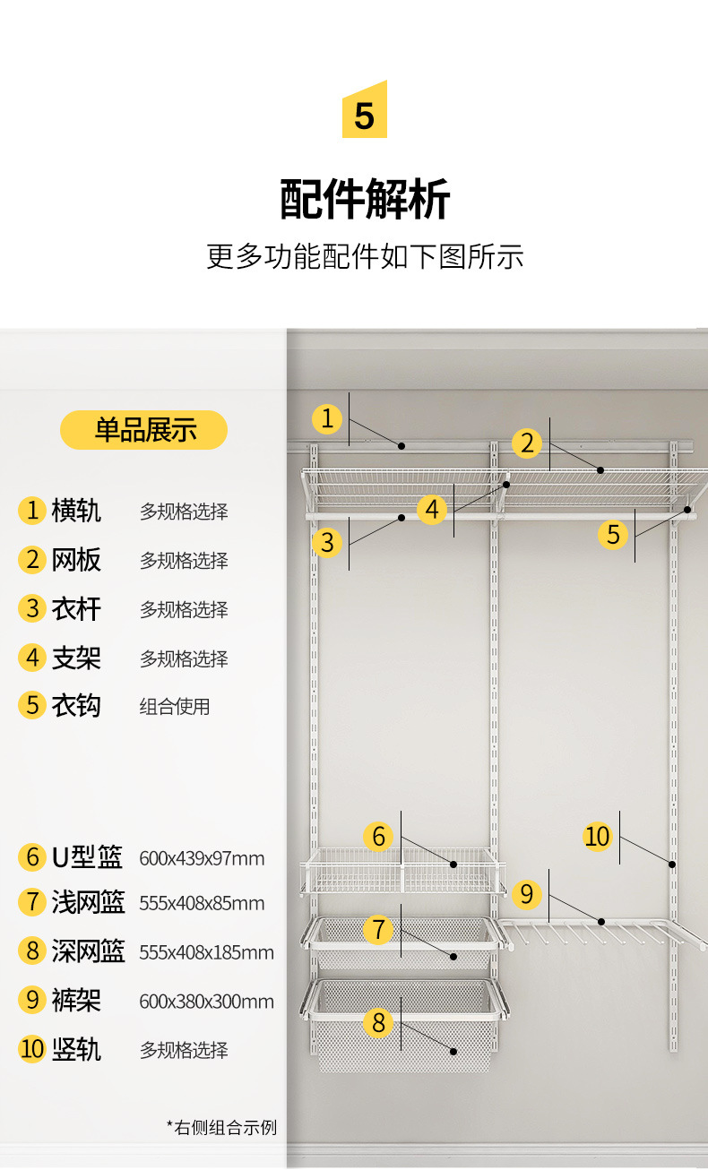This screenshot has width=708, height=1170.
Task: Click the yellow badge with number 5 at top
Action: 364,111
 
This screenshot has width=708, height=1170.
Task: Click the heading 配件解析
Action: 365,199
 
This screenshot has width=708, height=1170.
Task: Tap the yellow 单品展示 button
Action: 144,430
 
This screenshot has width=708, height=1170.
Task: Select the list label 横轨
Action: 76,511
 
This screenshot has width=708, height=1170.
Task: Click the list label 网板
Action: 76,560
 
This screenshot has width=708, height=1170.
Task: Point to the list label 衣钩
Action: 76,705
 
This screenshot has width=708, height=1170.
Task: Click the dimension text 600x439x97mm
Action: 202,858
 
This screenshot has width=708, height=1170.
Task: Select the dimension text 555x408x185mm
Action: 206,952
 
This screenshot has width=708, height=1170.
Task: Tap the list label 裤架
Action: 76,1000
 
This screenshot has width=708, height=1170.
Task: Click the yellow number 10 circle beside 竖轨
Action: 32,1048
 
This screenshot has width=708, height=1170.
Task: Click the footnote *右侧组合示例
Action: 221,1127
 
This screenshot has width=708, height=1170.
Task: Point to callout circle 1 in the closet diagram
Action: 327,418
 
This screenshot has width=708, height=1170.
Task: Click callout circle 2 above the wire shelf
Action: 527,443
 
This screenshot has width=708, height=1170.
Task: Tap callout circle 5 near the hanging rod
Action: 613,535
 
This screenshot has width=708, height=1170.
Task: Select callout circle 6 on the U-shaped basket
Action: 378,837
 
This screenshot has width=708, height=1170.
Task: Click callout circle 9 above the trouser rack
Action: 527,893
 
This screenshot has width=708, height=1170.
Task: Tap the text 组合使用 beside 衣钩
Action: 175,706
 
